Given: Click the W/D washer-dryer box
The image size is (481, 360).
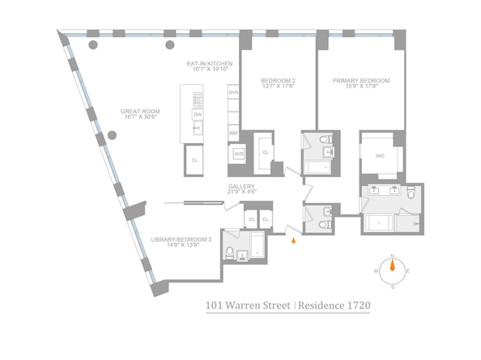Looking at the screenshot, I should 239,153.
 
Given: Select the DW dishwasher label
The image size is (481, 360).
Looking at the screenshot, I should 198,115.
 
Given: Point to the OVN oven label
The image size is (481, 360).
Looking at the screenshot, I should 233,94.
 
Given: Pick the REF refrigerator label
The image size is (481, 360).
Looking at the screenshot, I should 233,133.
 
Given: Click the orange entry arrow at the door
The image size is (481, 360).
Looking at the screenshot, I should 294,237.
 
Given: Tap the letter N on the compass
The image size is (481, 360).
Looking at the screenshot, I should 392,256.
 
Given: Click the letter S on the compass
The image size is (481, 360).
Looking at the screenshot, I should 392,286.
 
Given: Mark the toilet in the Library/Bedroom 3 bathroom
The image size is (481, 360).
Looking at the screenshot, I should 230,252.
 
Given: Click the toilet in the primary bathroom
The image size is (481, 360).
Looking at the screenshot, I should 411,194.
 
